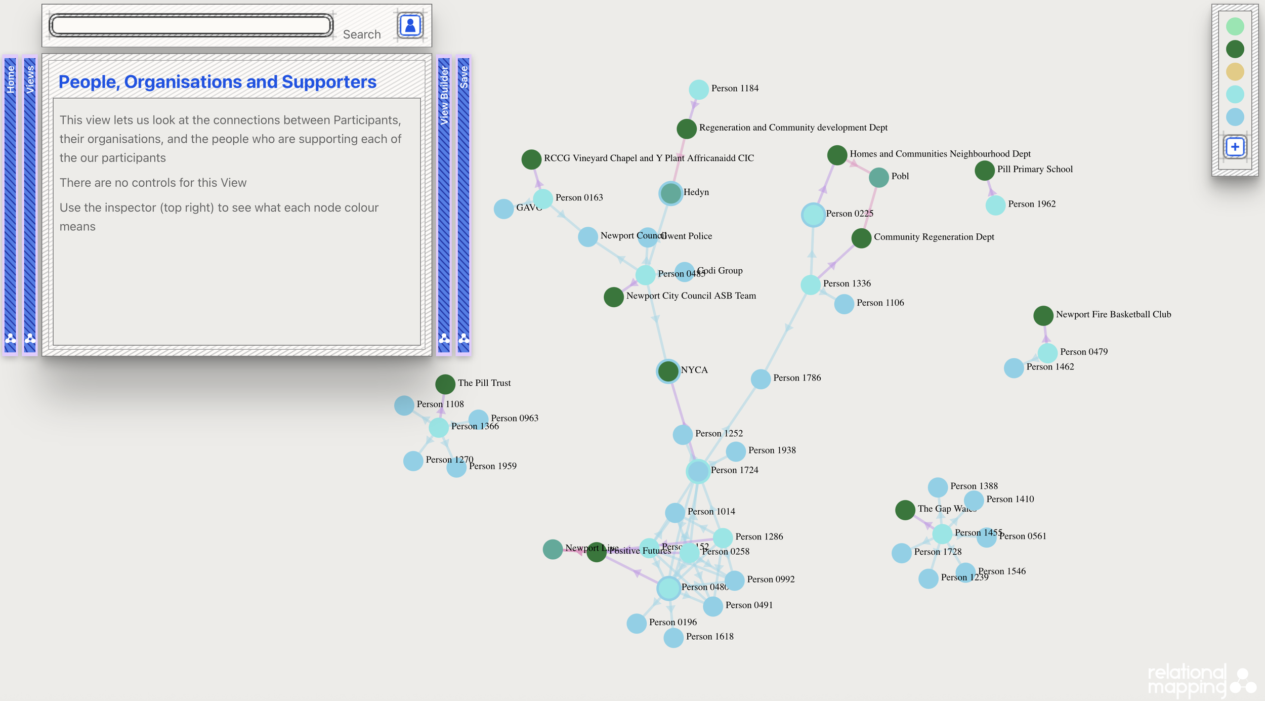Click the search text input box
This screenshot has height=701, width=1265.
191,25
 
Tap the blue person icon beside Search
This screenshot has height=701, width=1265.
410,25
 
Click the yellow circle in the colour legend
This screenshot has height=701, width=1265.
1235,72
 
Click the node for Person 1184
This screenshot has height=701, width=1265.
698,90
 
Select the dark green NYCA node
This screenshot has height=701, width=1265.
668,371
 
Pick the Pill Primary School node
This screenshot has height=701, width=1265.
984,171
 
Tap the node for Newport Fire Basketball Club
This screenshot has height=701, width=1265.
1043,316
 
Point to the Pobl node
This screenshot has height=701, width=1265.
878,177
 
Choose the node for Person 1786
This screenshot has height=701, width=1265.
760,379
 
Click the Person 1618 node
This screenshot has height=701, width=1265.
673,638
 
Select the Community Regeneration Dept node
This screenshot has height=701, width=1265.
861,238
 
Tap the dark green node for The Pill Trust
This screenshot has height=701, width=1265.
445,384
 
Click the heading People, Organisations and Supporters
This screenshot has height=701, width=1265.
217,82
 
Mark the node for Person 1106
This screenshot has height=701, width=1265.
844,304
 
